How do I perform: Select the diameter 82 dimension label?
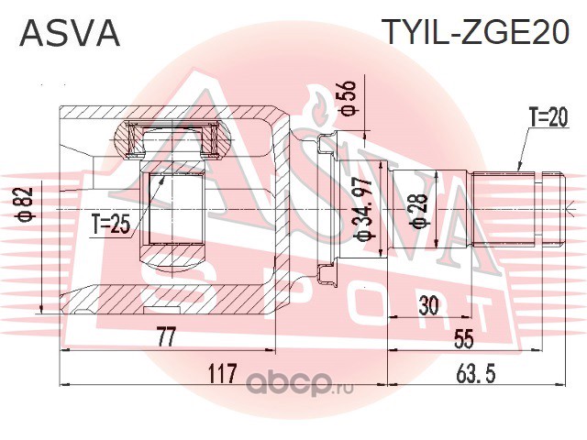(x=27, y=203)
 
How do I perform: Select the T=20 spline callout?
(x=548, y=117)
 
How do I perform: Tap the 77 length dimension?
(x=164, y=337)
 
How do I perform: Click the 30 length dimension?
(x=426, y=306)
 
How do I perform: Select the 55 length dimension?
(x=463, y=338)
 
